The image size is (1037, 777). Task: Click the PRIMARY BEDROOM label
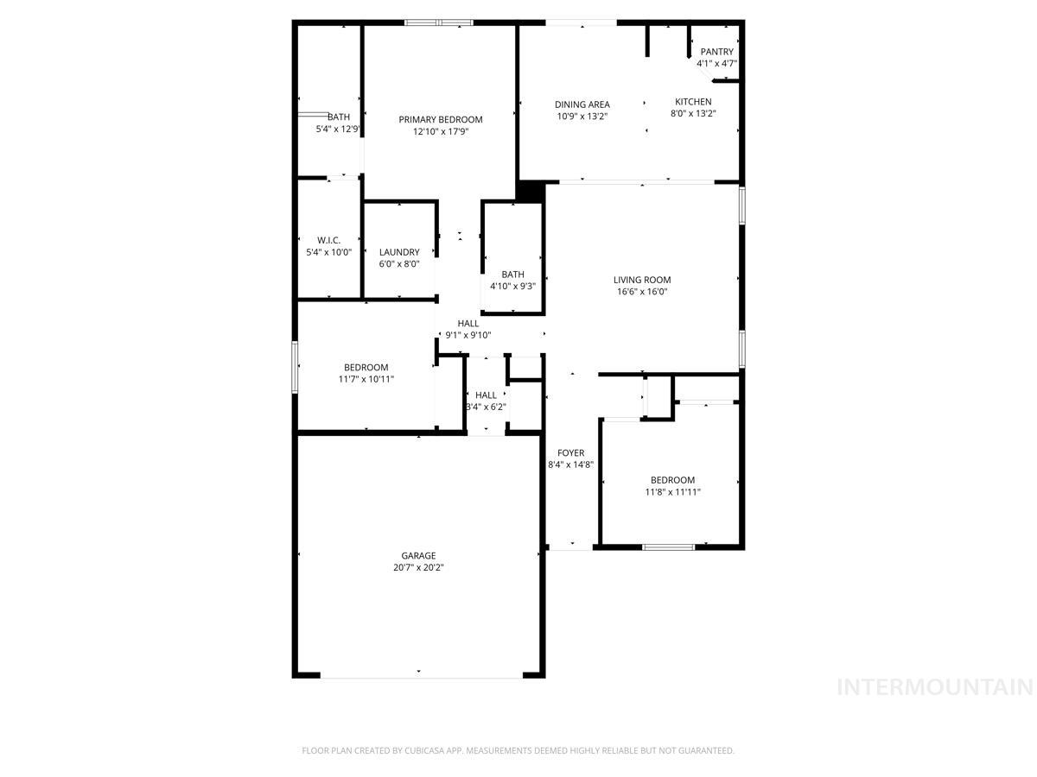coord(440,119)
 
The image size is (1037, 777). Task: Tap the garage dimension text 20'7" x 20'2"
coord(418,567)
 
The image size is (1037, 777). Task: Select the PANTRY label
coord(716,52)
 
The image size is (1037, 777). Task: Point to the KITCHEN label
coord(693,102)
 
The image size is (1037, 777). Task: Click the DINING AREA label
coord(582,104)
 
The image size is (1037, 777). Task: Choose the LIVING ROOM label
coord(642,280)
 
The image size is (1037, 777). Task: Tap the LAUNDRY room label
coord(399,252)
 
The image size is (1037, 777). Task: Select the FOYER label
coord(570,452)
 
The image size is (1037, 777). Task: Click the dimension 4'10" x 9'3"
coord(512,287)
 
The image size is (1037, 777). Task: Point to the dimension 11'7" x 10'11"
coord(366,379)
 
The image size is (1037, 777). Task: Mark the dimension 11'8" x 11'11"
coord(672,492)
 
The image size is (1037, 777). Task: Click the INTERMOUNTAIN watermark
coord(935,687)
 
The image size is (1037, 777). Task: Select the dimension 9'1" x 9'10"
coord(468,335)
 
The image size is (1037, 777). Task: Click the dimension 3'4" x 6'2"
coord(486,407)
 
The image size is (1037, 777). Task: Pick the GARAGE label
coord(418,555)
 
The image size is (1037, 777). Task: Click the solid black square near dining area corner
coord(530,191)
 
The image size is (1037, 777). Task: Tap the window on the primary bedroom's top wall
coord(439,22)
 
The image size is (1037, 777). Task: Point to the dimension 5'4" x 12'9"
coord(338,129)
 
